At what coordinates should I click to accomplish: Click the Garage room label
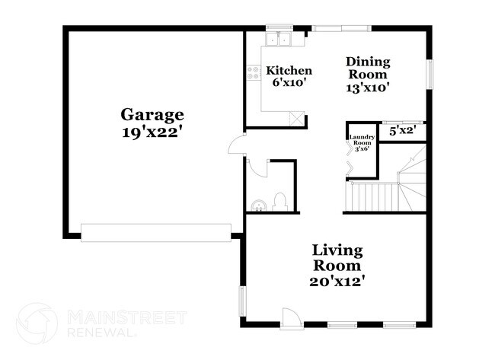tap(152, 115)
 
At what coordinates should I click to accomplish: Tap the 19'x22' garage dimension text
tap(152, 131)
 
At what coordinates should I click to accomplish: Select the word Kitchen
tap(289, 71)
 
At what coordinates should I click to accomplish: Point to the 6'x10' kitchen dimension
tap(289, 82)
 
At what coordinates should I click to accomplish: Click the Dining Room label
tap(368, 68)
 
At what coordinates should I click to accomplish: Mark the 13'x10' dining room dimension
tap(368, 87)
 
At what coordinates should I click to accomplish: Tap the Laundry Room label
tap(360, 140)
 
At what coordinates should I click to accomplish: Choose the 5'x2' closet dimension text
tap(402, 131)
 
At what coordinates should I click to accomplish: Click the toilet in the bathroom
tap(279, 202)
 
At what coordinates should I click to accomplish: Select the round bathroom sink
tap(258, 204)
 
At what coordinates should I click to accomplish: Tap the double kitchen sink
tap(279, 40)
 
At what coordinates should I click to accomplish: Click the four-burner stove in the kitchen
tap(253, 73)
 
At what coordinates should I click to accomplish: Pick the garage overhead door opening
tap(156, 232)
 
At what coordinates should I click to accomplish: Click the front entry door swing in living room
tap(289, 317)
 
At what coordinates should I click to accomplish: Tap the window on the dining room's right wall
tap(430, 75)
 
